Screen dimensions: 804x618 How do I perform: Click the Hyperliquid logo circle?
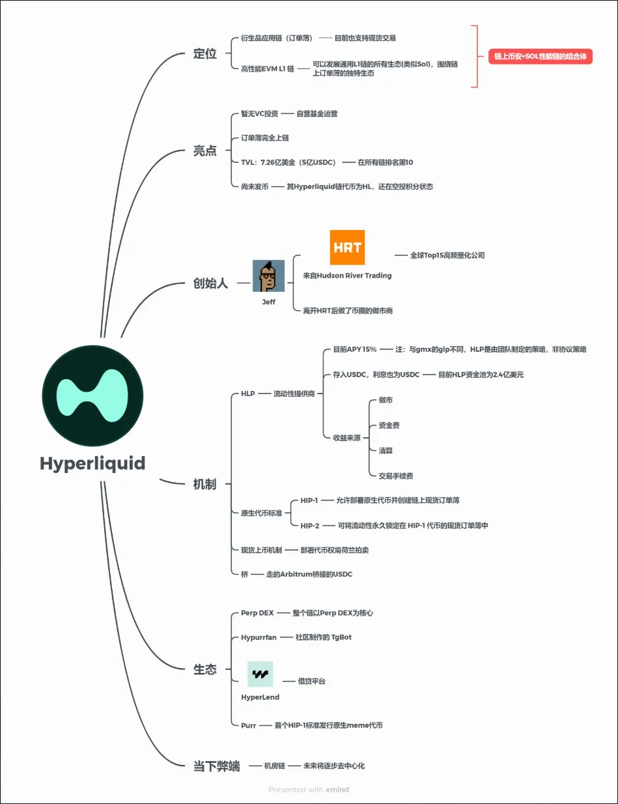click(92, 396)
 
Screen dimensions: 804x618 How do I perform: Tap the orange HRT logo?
click(347, 248)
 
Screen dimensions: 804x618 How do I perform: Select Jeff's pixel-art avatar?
click(268, 276)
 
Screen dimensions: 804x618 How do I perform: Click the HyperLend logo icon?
click(260, 674)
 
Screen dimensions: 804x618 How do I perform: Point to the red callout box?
click(541, 57)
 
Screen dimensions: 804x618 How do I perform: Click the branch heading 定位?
click(205, 54)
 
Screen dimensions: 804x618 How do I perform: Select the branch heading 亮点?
click(205, 151)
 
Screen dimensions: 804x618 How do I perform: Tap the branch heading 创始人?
click(211, 283)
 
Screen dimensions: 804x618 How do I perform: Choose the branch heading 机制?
click(204, 484)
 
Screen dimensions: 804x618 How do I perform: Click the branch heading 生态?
click(204, 669)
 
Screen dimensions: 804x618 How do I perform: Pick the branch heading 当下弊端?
click(216, 766)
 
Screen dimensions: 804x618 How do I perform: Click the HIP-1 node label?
click(309, 500)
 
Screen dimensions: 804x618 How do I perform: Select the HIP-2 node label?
click(309, 526)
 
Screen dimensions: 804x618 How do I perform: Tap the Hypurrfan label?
click(257, 637)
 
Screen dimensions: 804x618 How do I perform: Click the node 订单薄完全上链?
click(264, 138)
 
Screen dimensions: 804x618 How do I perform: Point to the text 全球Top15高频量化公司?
click(447, 255)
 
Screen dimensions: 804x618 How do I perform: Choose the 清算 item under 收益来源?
click(386, 451)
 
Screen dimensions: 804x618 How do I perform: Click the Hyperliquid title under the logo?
click(92, 463)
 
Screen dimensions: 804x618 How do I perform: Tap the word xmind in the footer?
click(337, 790)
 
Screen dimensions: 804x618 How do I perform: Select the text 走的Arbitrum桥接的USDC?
click(309, 574)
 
